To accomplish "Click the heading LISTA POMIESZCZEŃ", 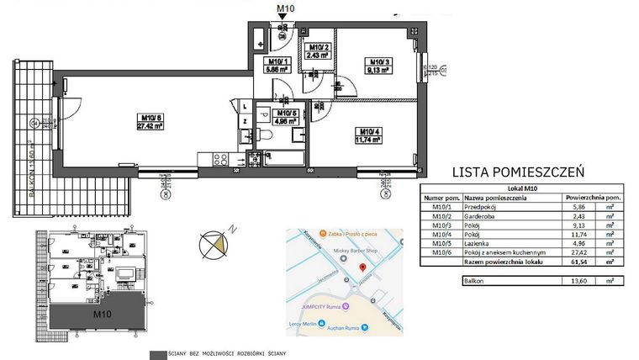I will coord(518,172).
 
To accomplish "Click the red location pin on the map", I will coord(362,267).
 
